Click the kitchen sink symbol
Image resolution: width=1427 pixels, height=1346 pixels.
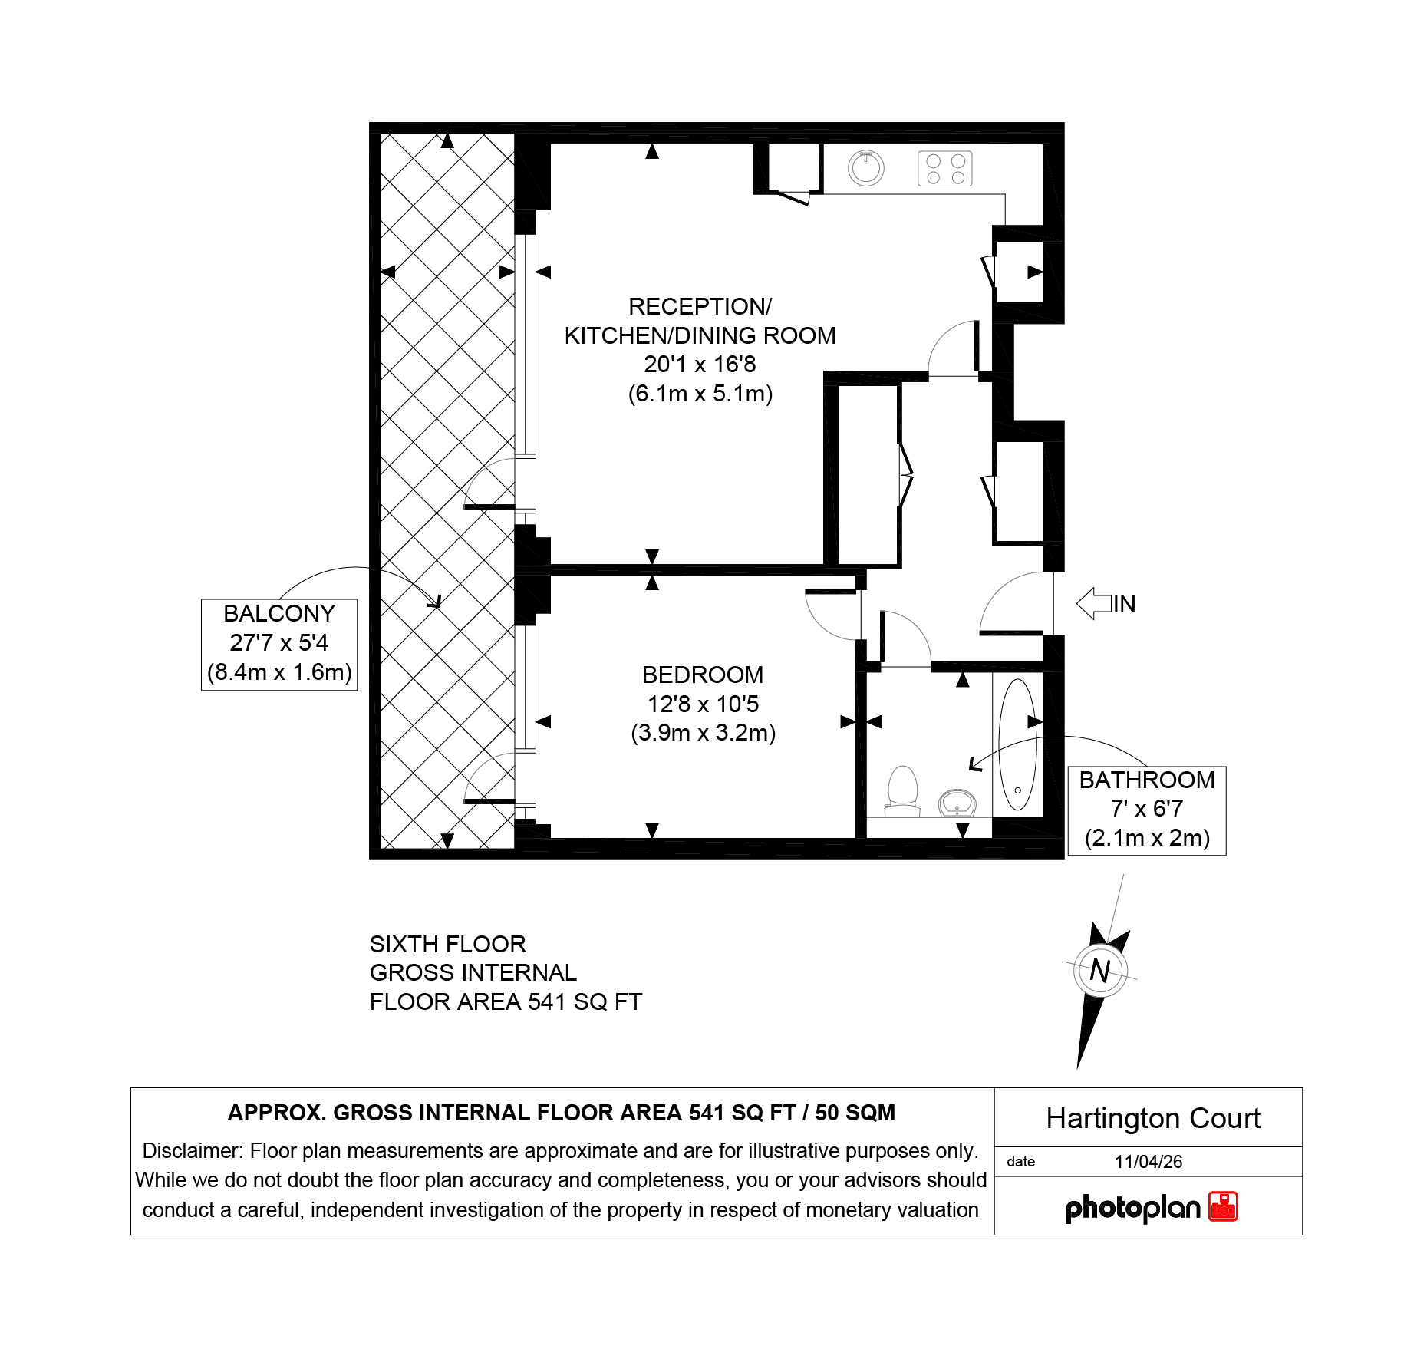pos(865,168)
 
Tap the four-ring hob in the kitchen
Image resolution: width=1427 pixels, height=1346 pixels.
pos(945,169)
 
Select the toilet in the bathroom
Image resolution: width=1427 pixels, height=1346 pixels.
pos(903,791)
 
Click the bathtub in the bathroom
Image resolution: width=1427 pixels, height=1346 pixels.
pos(1017,744)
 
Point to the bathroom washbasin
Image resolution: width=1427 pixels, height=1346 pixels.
pos(957,803)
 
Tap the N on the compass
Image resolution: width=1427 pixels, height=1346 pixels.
pos(1099,971)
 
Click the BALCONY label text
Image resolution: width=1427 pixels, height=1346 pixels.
pos(279,613)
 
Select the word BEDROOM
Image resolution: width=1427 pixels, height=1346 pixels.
pos(703,675)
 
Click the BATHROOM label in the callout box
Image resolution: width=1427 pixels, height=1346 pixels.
pos(1147,780)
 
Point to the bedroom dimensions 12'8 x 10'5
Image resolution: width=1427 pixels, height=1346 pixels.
pos(703,704)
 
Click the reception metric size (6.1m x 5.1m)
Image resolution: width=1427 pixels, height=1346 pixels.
pos(700,394)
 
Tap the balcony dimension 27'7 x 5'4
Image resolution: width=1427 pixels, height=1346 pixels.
pos(279,642)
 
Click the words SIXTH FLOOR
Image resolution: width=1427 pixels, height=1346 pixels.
pos(448,944)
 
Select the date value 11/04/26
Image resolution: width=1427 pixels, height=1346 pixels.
pos(1149,1162)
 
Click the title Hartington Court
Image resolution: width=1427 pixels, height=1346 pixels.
pos(1153,1118)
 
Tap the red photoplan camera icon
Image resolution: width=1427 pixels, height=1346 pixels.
pos(1224,1206)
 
